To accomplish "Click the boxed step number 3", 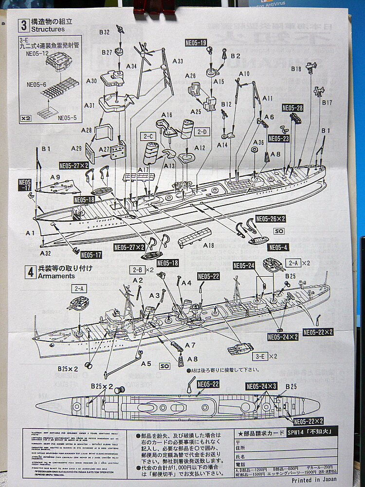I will pyautogui.click(x=23, y=23).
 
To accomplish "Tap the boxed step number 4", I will pyautogui.click(x=31, y=272).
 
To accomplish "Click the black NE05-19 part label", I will pyautogui.click(x=196, y=43).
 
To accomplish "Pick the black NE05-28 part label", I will pyautogui.click(x=292, y=108).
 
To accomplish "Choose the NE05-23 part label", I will pyautogui.click(x=279, y=138).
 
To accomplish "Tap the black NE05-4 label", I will pyautogui.click(x=278, y=247).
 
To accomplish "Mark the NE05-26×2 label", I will pyautogui.click(x=271, y=219).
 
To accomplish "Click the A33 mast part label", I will pyautogui.click(x=178, y=61).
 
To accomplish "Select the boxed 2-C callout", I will pyautogui.click(x=149, y=137).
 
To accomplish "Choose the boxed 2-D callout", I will pyautogui.click(x=201, y=132).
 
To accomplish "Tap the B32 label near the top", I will pyautogui.click(x=105, y=32).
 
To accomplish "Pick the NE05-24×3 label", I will pyautogui.click(x=261, y=386).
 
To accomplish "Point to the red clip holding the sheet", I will pyautogui.click(x=156, y=6).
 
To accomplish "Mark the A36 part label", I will pyautogui.click(x=258, y=142).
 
